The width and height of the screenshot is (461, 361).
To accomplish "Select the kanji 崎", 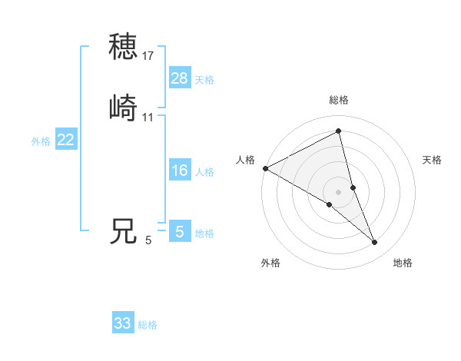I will click(123, 108).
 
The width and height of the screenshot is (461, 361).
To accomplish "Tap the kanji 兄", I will click(123, 231).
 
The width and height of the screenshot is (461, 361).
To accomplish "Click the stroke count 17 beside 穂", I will click(148, 55).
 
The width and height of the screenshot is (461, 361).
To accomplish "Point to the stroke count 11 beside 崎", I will click(148, 117).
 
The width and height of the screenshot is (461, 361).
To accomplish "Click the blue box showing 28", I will click(179, 78).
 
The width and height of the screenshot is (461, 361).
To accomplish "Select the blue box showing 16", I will click(179, 171).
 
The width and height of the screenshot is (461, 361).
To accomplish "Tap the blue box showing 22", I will click(66, 140).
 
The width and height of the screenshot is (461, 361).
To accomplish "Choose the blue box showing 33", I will click(123, 323).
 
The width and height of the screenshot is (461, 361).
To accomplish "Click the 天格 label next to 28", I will click(204, 80).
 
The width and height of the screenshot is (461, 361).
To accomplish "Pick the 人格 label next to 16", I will click(204, 172).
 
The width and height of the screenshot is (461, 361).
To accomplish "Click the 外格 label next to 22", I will click(41, 141).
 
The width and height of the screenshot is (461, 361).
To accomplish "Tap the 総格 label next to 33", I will click(148, 326).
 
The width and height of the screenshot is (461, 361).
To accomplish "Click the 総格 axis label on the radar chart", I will click(339, 100).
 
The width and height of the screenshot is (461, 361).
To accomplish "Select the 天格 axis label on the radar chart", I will click(432, 160).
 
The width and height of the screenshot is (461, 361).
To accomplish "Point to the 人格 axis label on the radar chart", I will click(245, 160).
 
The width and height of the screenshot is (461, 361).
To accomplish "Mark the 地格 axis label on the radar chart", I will click(403, 263).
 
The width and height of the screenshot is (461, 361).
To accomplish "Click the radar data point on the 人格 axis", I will click(265, 167).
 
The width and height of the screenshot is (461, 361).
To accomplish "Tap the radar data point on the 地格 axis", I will click(375, 243).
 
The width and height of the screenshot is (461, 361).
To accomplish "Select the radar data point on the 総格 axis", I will click(339, 131).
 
